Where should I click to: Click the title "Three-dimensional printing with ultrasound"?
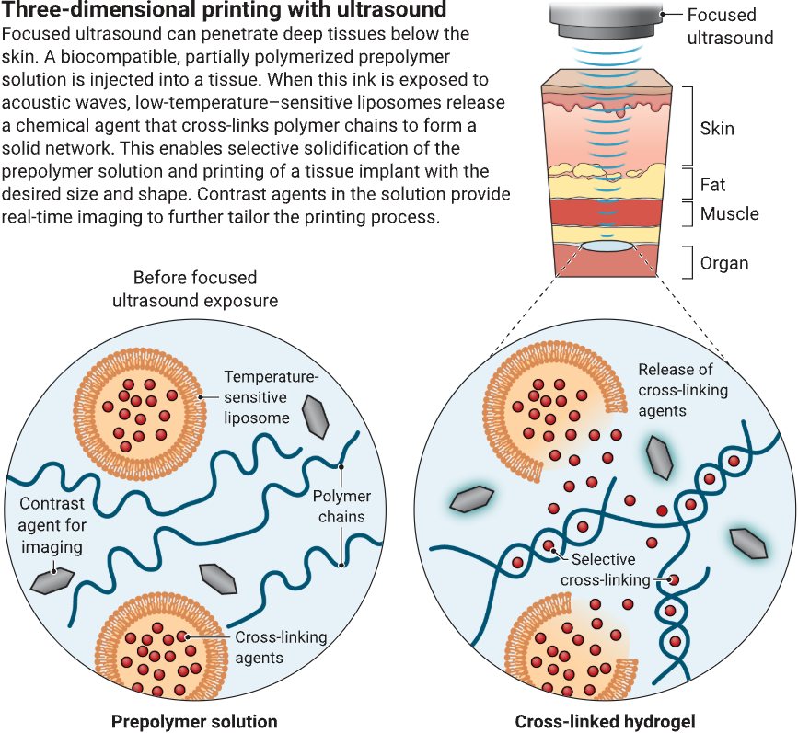(x=226, y=12)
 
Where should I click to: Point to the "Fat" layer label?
(x=712, y=185)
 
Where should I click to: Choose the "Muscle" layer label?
(x=729, y=214)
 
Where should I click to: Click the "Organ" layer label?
(x=724, y=263)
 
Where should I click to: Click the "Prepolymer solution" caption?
(x=194, y=721)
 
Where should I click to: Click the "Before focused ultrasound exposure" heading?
(x=195, y=289)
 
